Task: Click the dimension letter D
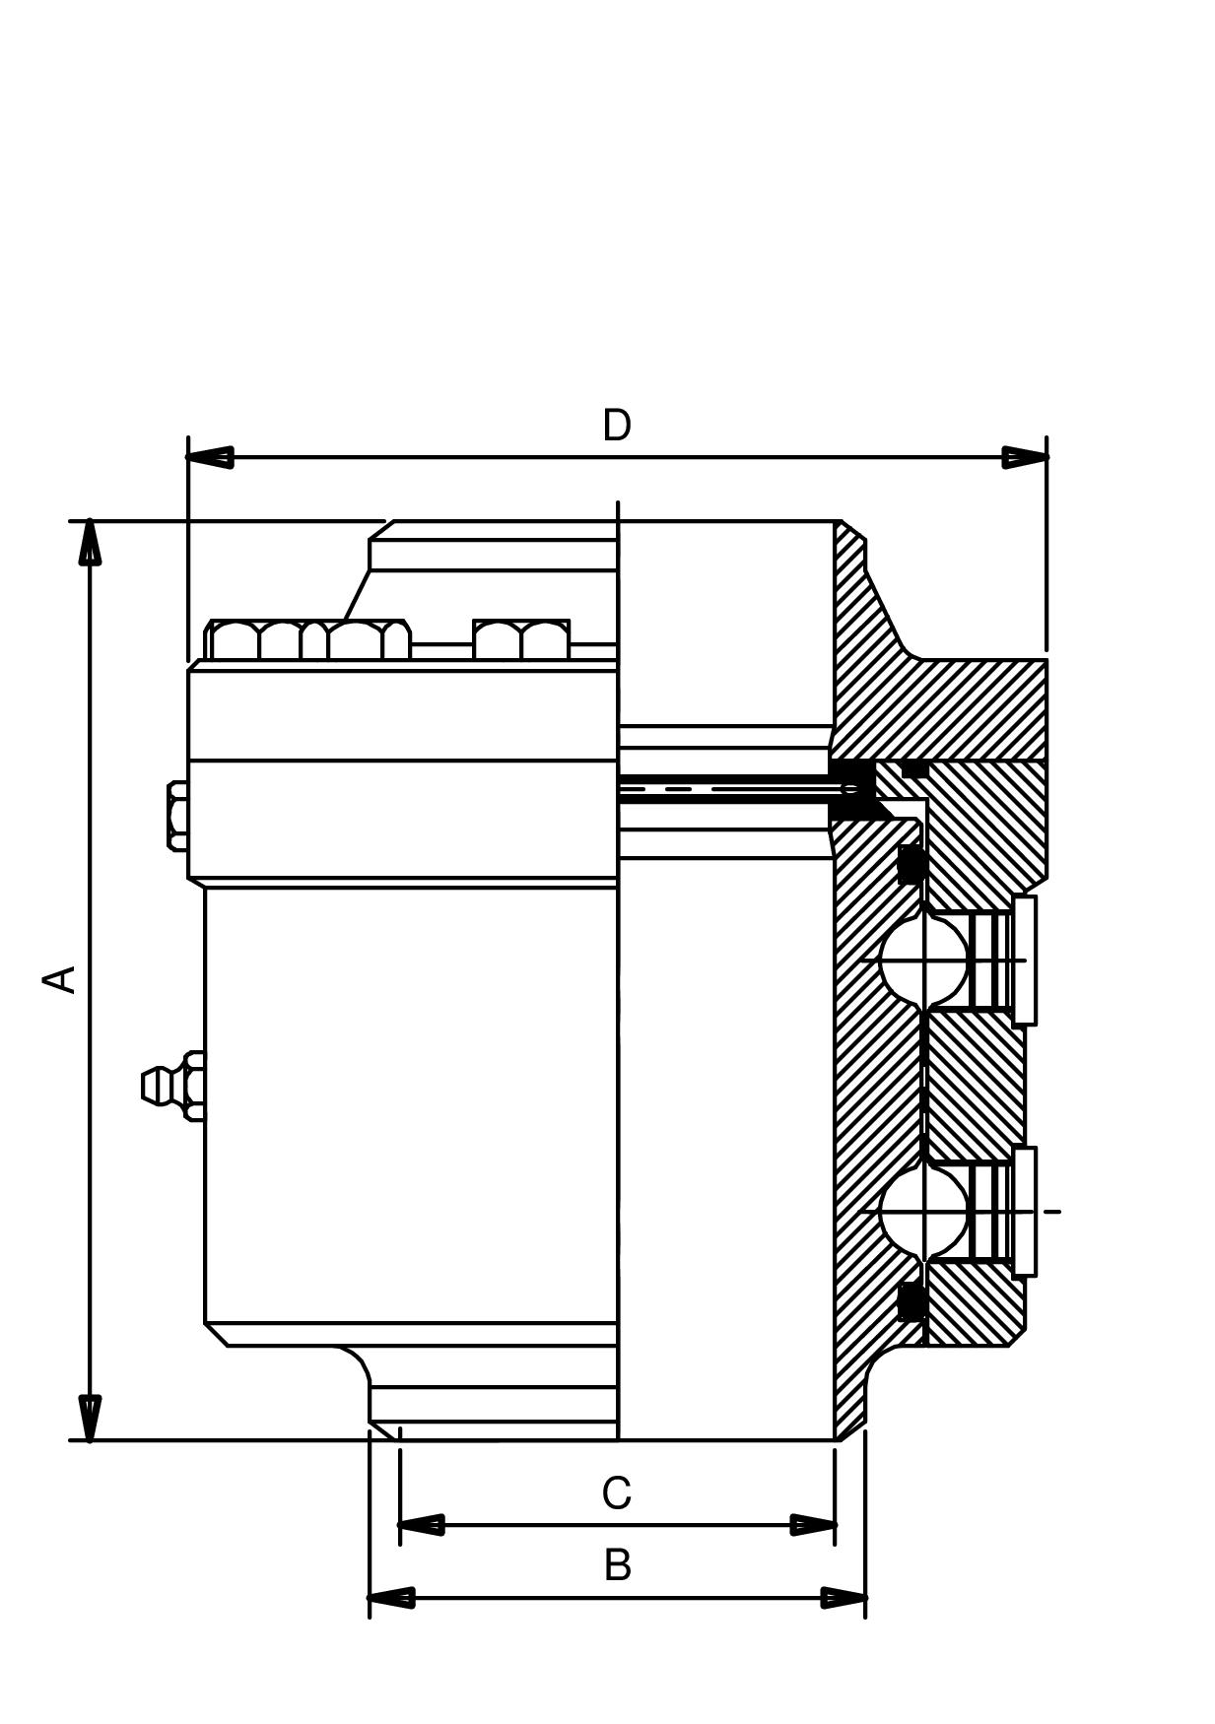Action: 617,426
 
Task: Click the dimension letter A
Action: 61,979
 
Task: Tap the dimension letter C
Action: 617,1493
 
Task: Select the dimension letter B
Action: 618,1565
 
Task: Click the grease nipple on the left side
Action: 173,1086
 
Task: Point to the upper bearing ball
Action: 924,961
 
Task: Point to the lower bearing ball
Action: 924,1212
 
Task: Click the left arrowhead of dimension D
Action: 210,457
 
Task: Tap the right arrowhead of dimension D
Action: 1025,457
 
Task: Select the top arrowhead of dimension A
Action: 90,543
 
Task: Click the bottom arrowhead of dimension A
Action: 90,1418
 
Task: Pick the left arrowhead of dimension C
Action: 421,1525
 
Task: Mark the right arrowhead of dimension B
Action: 844,1598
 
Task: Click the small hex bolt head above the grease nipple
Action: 177,816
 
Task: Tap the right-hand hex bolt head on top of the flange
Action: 520,639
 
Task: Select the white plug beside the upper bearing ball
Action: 1025,961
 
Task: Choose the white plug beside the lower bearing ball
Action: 1025,1212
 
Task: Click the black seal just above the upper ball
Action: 911,864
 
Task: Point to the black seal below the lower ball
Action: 911,1301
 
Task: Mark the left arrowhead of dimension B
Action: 391,1598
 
